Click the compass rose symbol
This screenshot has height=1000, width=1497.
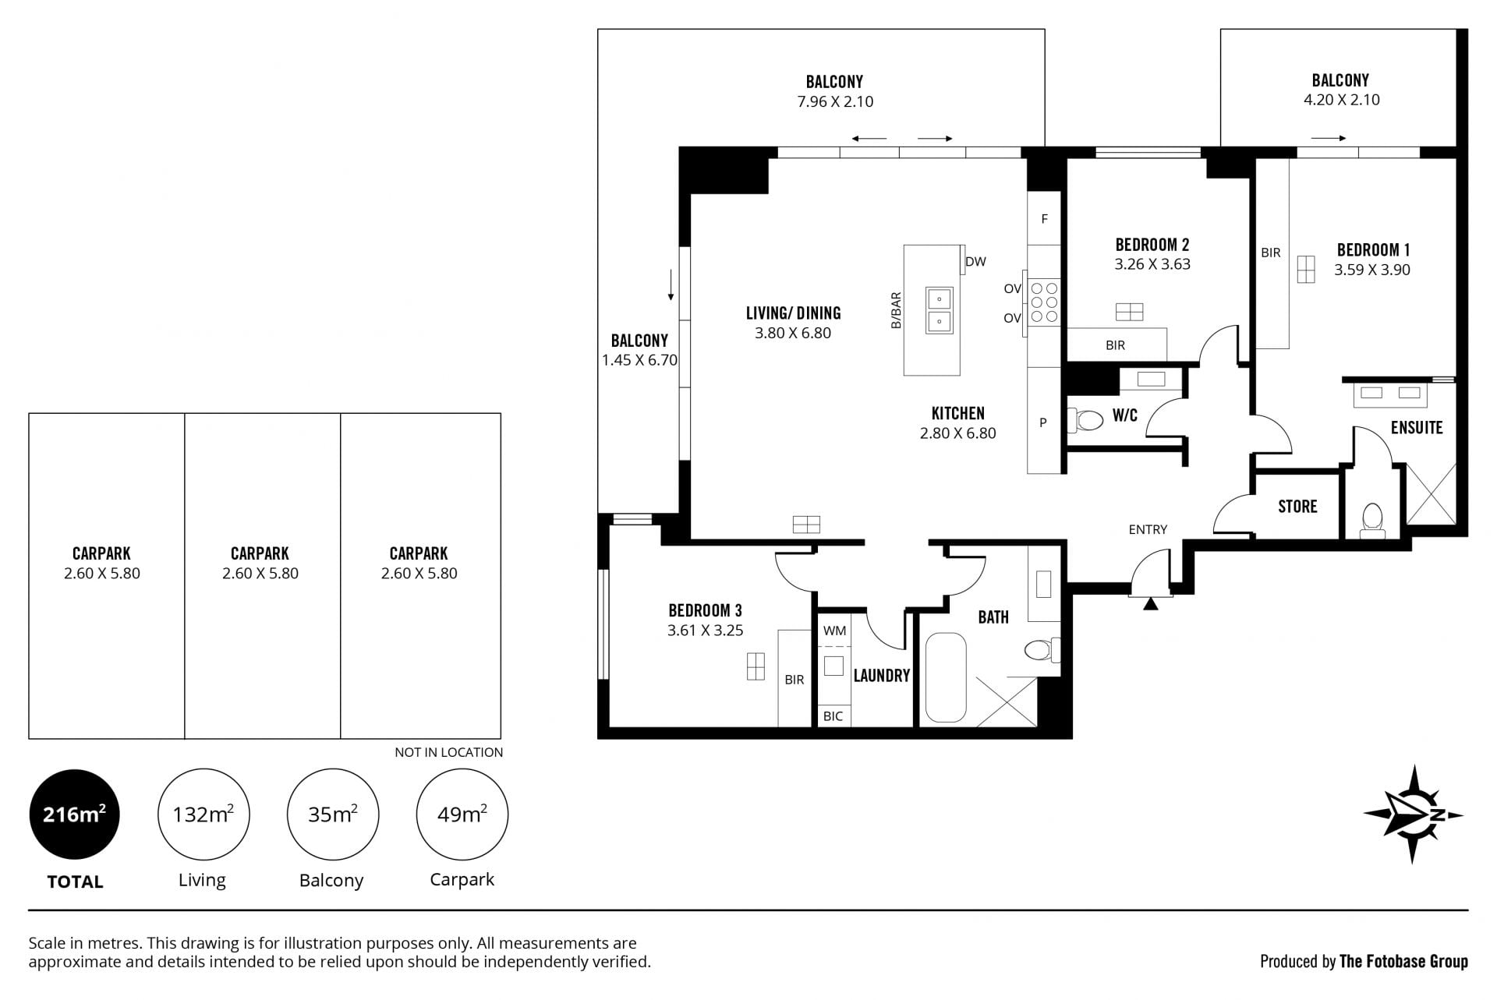point(1412,814)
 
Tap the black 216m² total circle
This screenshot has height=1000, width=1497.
point(74,814)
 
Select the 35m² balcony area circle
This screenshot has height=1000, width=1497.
point(333,814)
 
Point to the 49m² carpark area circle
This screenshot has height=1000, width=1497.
point(462,814)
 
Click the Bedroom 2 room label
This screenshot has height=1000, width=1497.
point(1152,245)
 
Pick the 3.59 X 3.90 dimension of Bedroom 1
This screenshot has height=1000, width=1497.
point(1371,270)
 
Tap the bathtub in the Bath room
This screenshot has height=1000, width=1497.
point(946,677)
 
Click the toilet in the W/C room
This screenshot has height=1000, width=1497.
point(1085,421)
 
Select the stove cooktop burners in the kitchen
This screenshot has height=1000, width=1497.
point(1044,302)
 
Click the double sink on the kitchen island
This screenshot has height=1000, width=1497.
point(940,310)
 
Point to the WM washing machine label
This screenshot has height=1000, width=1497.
point(834,631)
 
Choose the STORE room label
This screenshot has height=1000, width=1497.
point(1297,507)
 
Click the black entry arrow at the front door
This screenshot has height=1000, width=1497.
point(1151,602)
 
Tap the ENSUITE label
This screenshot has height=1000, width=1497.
point(1417,428)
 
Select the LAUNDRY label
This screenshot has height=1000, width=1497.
point(882,676)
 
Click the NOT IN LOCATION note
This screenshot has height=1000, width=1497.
point(448,752)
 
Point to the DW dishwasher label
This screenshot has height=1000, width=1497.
point(975,262)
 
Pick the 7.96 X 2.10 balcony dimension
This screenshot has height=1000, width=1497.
point(835,101)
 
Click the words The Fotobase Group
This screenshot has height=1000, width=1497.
point(1403,961)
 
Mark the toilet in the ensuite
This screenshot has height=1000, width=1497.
point(1372,521)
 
